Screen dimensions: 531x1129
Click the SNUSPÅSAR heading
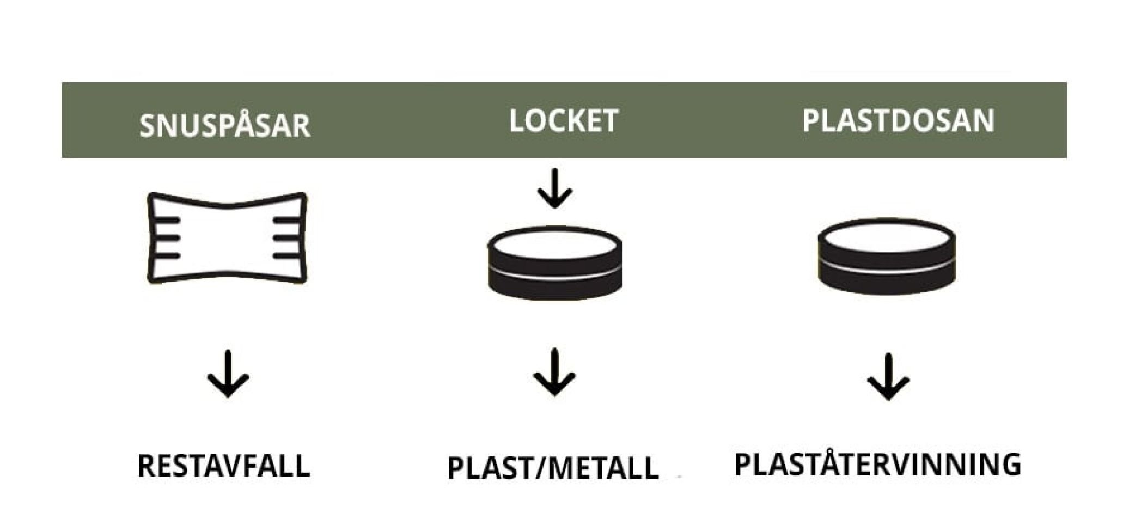click(x=224, y=125)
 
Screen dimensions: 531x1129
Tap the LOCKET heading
click(x=563, y=121)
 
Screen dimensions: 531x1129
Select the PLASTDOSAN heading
click(x=898, y=120)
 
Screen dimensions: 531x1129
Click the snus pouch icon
click(x=227, y=238)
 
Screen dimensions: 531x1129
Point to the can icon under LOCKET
click(x=554, y=263)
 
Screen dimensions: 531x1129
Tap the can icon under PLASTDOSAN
click(x=886, y=256)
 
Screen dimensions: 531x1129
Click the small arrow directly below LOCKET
click(x=554, y=188)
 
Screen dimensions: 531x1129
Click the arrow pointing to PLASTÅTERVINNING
click(x=888, y=377)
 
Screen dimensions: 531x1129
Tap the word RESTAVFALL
click(x=223, y=466)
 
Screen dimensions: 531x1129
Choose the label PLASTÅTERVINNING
click(x=877, y=464)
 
